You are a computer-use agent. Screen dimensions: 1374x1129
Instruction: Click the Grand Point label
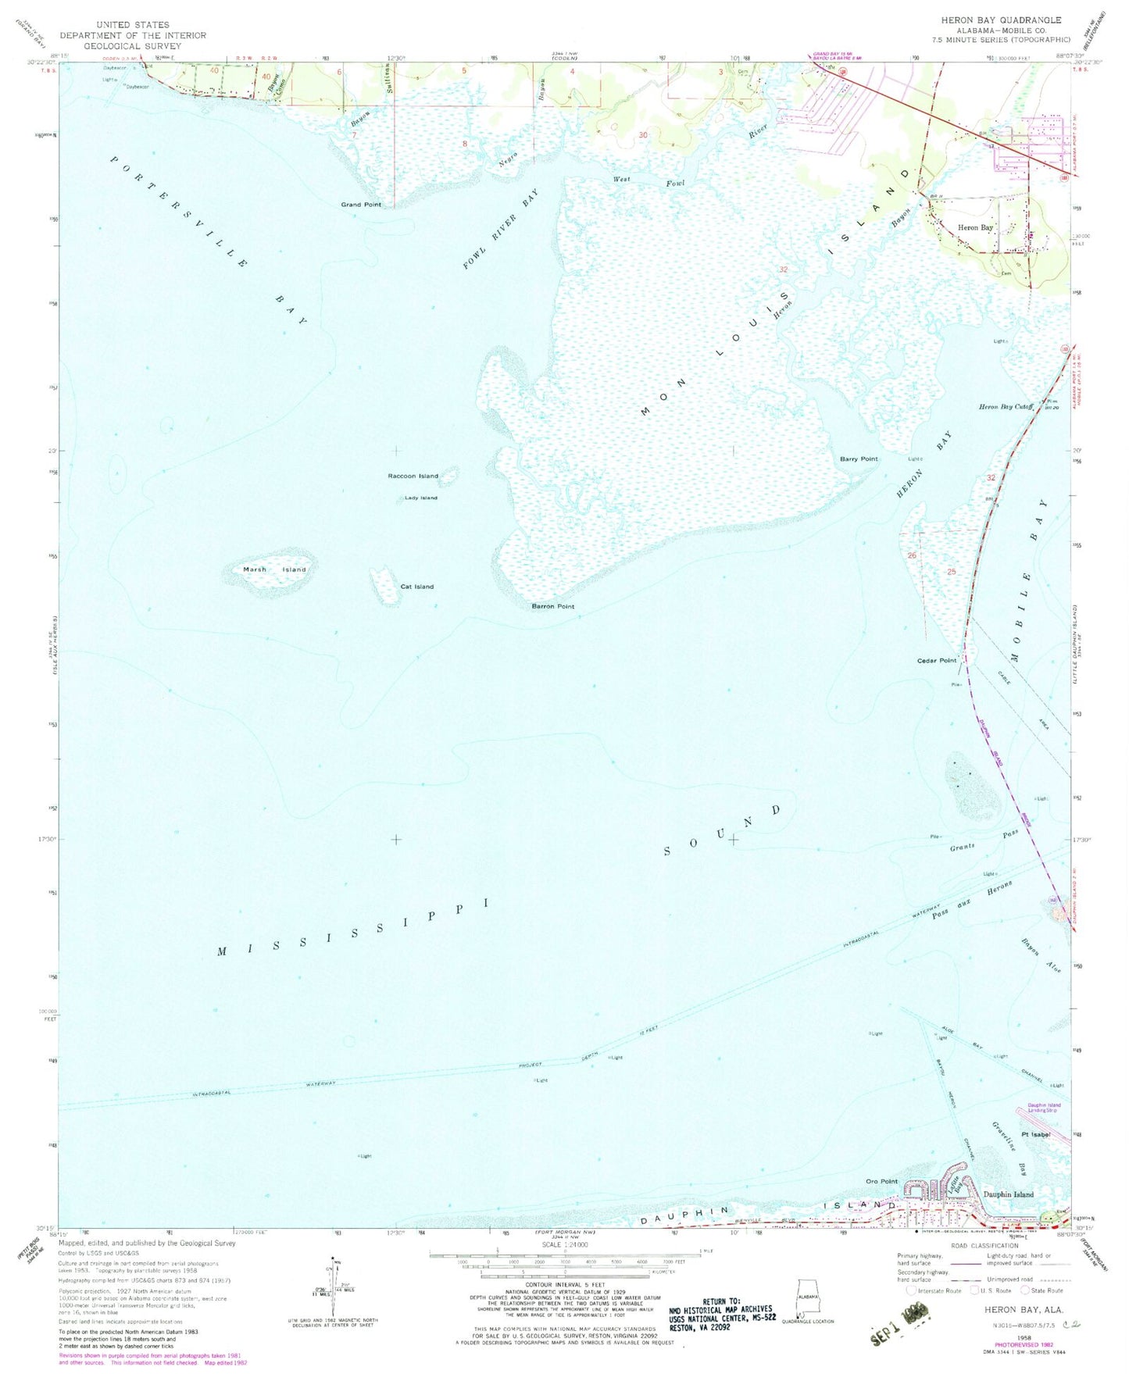point(361,205)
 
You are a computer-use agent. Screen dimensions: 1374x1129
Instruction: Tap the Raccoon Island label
point(413,476)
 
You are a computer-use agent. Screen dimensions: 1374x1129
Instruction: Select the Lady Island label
point(420,498)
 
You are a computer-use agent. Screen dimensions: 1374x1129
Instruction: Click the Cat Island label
point(416,587)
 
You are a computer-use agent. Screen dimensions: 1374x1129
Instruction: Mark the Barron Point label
point(553,606)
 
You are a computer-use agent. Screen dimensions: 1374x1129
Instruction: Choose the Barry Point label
point(859,459)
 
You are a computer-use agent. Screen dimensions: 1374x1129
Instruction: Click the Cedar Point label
point(936,661)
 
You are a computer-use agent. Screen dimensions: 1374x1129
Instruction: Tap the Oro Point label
point(882,1181)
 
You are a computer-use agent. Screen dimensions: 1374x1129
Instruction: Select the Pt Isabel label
point(1036,1134)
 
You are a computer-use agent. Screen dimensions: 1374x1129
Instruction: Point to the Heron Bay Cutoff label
point(1006,407)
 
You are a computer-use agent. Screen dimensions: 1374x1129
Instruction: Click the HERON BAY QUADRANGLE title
point(1001,20)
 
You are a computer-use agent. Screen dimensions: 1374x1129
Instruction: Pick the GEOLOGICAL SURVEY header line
point(133,45)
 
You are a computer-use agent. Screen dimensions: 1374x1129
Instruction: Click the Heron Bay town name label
point(975,227)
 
